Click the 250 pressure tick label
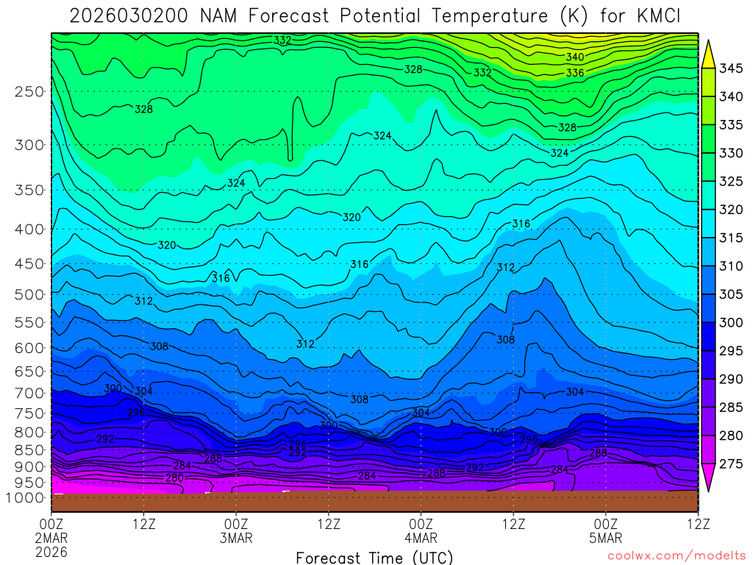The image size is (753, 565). tap(29, 92)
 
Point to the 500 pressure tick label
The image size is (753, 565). tap(29, 294)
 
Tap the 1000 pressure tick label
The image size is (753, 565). tap(26, 498)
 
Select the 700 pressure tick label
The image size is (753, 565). tap(29, 393)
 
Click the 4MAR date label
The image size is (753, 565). tap(421, 538)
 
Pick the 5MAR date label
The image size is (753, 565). tap(605, 538)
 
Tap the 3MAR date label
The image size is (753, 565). tap(236, 538)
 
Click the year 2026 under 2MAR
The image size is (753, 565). tap(51, 552)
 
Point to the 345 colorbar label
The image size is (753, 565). tap(730, 69)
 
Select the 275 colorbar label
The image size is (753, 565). tap(730, 464)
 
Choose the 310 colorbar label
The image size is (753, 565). tap(730, 266)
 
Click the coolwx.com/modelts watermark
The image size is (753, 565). tap(676, 555)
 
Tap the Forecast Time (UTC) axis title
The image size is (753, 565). tap(374, 557)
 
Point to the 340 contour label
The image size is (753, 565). tap(575, 57)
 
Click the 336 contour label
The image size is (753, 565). tap(575, 73)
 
